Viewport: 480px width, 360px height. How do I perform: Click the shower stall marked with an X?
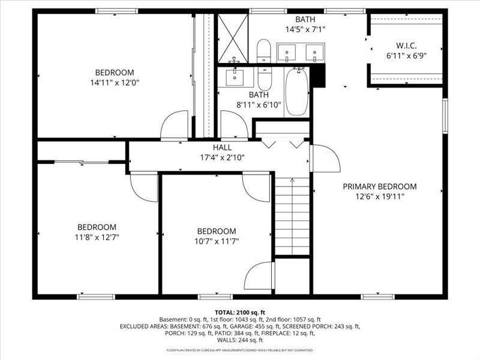[232, 37]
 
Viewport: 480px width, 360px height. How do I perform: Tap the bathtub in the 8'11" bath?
[296, 92]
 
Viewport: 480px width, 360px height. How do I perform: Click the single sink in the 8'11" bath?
[235, 76]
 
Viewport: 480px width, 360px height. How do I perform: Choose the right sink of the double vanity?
[314, 53]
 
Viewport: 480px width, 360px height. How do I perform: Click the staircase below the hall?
[292, 216]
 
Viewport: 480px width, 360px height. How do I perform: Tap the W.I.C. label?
[406, 45]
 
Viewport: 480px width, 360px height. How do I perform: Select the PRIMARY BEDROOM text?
[379, 187]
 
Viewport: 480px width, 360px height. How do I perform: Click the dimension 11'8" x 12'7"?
[97, 236]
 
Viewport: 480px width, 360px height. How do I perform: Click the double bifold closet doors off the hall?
[282, 143]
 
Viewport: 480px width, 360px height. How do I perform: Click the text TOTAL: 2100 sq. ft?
[240, 313]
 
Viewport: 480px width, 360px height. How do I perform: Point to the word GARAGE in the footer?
[242, 326]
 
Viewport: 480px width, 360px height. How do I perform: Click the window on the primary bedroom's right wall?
[445, 115]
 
